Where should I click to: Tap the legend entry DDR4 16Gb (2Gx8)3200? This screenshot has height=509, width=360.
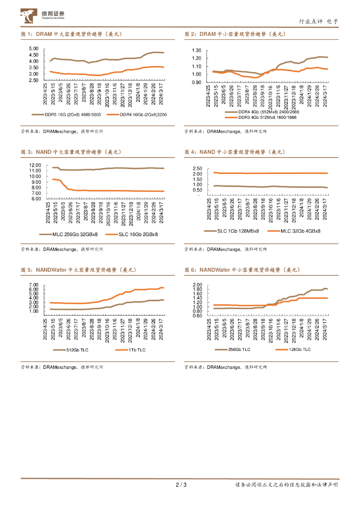point(135,114)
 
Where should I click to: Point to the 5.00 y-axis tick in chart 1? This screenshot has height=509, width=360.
point(34,49)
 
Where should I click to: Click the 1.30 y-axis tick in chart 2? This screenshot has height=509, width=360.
point(196,51)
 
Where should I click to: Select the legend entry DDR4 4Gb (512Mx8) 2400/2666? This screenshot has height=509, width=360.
point(264,113)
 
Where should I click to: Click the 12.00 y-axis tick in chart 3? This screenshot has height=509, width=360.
point(34,165)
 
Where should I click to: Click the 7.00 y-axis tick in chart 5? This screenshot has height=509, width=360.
point(34,285)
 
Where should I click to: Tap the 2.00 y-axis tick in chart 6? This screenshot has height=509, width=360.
point(196,285)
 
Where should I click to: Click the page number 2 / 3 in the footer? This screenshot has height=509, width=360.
point(180,485)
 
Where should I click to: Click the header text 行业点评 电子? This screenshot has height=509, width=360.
point(318,21)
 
